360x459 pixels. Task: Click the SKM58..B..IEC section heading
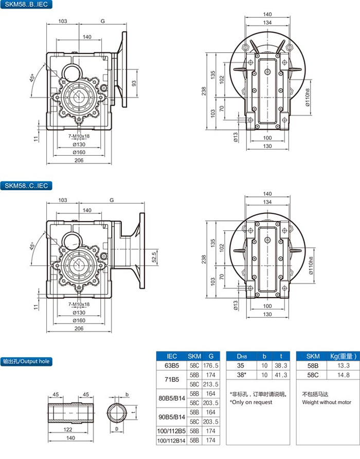25,5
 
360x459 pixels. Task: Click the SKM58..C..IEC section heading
25,186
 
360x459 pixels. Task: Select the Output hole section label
26,361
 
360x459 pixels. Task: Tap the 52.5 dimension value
154,255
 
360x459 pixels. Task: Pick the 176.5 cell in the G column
211,365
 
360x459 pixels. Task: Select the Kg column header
340,356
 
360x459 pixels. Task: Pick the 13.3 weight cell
340,365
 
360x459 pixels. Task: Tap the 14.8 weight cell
340,375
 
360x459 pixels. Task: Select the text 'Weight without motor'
327,402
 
